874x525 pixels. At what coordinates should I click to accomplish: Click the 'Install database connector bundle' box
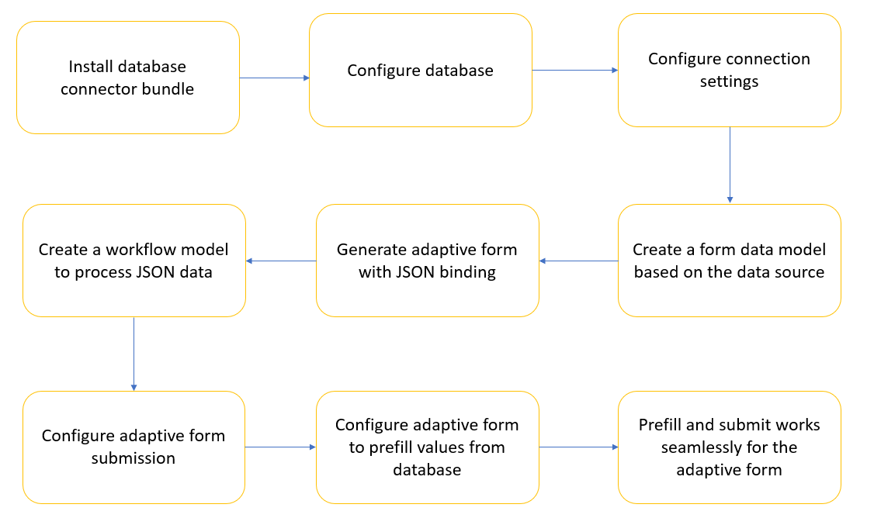127,78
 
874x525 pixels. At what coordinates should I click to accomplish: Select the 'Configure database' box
420,71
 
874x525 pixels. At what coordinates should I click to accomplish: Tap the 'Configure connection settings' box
729,71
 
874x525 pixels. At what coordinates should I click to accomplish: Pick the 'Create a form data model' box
729,261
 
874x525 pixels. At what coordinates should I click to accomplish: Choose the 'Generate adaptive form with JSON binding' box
427,261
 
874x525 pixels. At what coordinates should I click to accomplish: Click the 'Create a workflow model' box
134,261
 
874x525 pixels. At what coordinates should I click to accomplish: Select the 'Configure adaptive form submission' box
134,447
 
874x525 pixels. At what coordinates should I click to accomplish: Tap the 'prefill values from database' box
427,447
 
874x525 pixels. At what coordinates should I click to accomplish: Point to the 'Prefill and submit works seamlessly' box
729,447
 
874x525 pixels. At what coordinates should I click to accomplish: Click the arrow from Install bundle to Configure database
274,78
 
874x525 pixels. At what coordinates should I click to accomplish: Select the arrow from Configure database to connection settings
574,71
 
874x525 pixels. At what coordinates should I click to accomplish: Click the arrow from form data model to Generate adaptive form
578,261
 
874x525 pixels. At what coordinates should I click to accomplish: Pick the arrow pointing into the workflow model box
281,261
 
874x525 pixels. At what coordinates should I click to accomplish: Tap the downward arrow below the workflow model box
134,353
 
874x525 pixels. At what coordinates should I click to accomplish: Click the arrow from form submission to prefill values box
280,447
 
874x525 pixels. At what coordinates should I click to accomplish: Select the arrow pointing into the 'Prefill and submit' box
578,447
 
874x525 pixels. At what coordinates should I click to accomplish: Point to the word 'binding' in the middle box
467,272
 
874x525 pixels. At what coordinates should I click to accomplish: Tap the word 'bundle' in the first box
168,89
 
